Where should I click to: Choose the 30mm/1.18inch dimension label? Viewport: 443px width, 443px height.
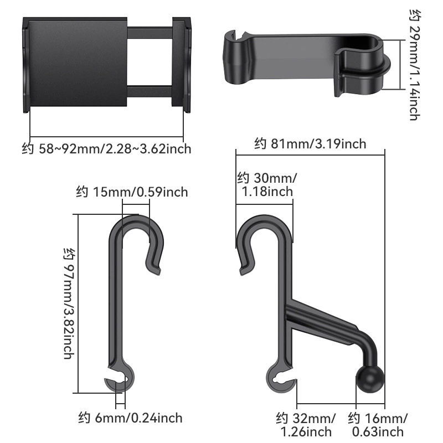(267, 185)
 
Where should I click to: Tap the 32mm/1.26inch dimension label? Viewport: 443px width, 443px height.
(306, 425)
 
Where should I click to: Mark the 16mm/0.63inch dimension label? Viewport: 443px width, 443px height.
(378, 425)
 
